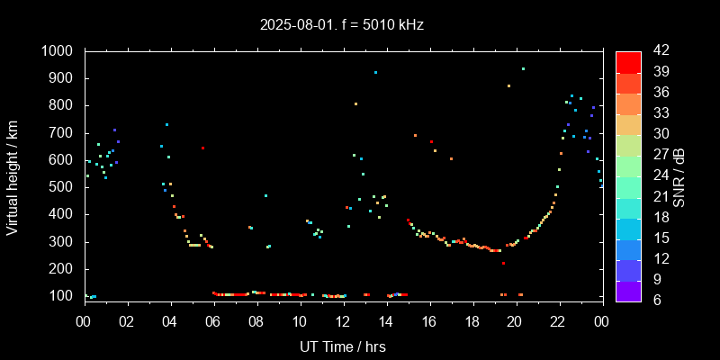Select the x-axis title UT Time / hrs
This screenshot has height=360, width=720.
tap(342, 346)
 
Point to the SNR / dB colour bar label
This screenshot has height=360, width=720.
tap(679, 175)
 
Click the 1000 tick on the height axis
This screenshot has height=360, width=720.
tap(59, 51)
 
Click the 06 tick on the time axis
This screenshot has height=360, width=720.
tap(213, 320)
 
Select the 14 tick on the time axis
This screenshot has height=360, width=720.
tap(386, 320)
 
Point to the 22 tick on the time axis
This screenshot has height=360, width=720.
tap(558, 320)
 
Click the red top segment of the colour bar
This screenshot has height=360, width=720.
tap(628, 61)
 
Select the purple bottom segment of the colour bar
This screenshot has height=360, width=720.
tap(628, 290)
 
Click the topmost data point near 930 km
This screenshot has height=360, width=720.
tap(523, 68)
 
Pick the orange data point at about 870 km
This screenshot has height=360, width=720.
tap(508, 85)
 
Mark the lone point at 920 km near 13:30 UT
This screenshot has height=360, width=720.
tap(375, 72)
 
